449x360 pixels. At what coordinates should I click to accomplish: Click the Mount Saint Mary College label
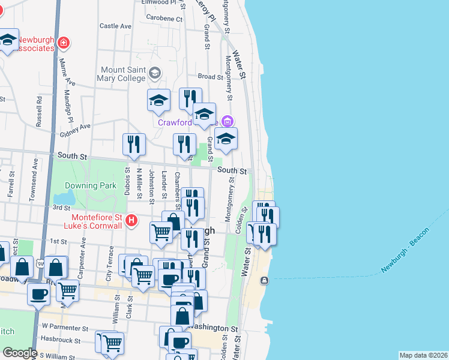click(123, 74)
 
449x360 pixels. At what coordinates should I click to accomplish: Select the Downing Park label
click(91, 186)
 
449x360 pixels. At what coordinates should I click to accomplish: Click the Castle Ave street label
click(115, 26)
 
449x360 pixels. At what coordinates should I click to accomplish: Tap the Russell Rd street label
click(39, 112)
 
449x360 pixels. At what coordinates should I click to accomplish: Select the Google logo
click(20, 352)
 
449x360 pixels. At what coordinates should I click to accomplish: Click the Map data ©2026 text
click(423, 355)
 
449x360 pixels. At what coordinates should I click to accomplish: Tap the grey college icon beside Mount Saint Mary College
click(155, 73)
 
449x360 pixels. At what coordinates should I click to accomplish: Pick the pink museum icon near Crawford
click(227, 121)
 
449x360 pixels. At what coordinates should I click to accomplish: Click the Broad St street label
click(210, 77)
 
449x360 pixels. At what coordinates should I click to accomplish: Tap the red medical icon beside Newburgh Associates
click(64, 43)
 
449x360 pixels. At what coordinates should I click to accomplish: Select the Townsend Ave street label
click(35, 171)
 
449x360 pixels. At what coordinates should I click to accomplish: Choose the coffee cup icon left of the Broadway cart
click(39, 295)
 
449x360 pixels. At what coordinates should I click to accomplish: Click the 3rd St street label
click(61, 208)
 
